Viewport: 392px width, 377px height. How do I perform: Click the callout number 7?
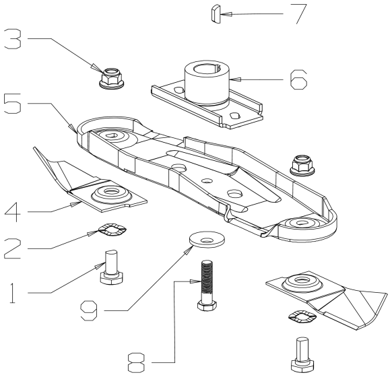click(x=299, y=13)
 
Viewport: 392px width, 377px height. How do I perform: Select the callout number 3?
click(x=13, y=39)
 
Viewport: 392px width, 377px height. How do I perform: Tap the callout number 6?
click(x=298, y=79)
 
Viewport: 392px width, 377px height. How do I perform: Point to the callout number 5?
click(x=12, y=104)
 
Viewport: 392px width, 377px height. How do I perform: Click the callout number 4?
click(x=13, y=212)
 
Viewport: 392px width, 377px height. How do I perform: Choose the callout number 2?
click(x=12, y=248)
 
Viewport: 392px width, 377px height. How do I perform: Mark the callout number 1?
click(x=12, y=293)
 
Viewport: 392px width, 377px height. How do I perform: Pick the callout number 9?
click(x=89, y=311)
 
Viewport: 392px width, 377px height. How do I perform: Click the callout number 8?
click(x=136, y=362)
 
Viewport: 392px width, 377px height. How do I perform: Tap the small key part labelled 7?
click(x=214, y=13)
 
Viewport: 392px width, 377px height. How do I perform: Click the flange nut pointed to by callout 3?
click(x=112, y=77)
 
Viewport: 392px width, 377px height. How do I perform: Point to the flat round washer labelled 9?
click(x=207, y=240)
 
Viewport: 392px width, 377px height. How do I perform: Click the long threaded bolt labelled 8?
click(x=207, y=285)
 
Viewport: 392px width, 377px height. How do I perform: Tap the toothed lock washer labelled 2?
click(x=112, y=230)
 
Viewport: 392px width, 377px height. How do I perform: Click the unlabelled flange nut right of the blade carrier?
click(x=302, y=165)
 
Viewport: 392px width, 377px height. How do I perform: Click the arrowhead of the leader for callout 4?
click(x=73, y=205)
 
